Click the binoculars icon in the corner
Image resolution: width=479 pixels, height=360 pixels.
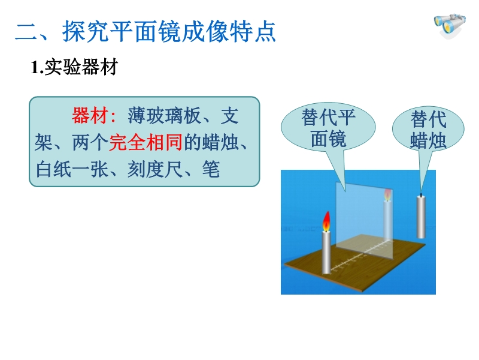coord(450,26)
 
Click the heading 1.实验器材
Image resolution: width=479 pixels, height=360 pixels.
coord(74,67)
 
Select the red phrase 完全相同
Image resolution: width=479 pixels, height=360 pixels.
coord(145,142)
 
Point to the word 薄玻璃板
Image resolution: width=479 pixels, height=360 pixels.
coord(164,115)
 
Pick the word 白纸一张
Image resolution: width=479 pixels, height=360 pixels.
coord(72,169)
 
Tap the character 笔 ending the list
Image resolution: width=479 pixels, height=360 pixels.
coord(211,169)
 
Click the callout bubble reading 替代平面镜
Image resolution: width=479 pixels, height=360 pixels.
coord(328,128)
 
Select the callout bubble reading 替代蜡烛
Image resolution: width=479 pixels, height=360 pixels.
coord(428,129)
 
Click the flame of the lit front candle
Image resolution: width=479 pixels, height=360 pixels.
coord(326,221)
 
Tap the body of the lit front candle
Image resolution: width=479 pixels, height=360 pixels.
coord(326,253)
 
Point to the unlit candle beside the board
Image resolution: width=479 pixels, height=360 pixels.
coord(422,216)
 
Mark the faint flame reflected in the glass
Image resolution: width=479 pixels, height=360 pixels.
coord(387,195)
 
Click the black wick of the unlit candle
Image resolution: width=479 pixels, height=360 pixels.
coord(422,194)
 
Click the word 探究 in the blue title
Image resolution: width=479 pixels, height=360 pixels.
coord(86,31)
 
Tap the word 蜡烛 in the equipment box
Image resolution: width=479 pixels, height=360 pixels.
coord(220,142)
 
